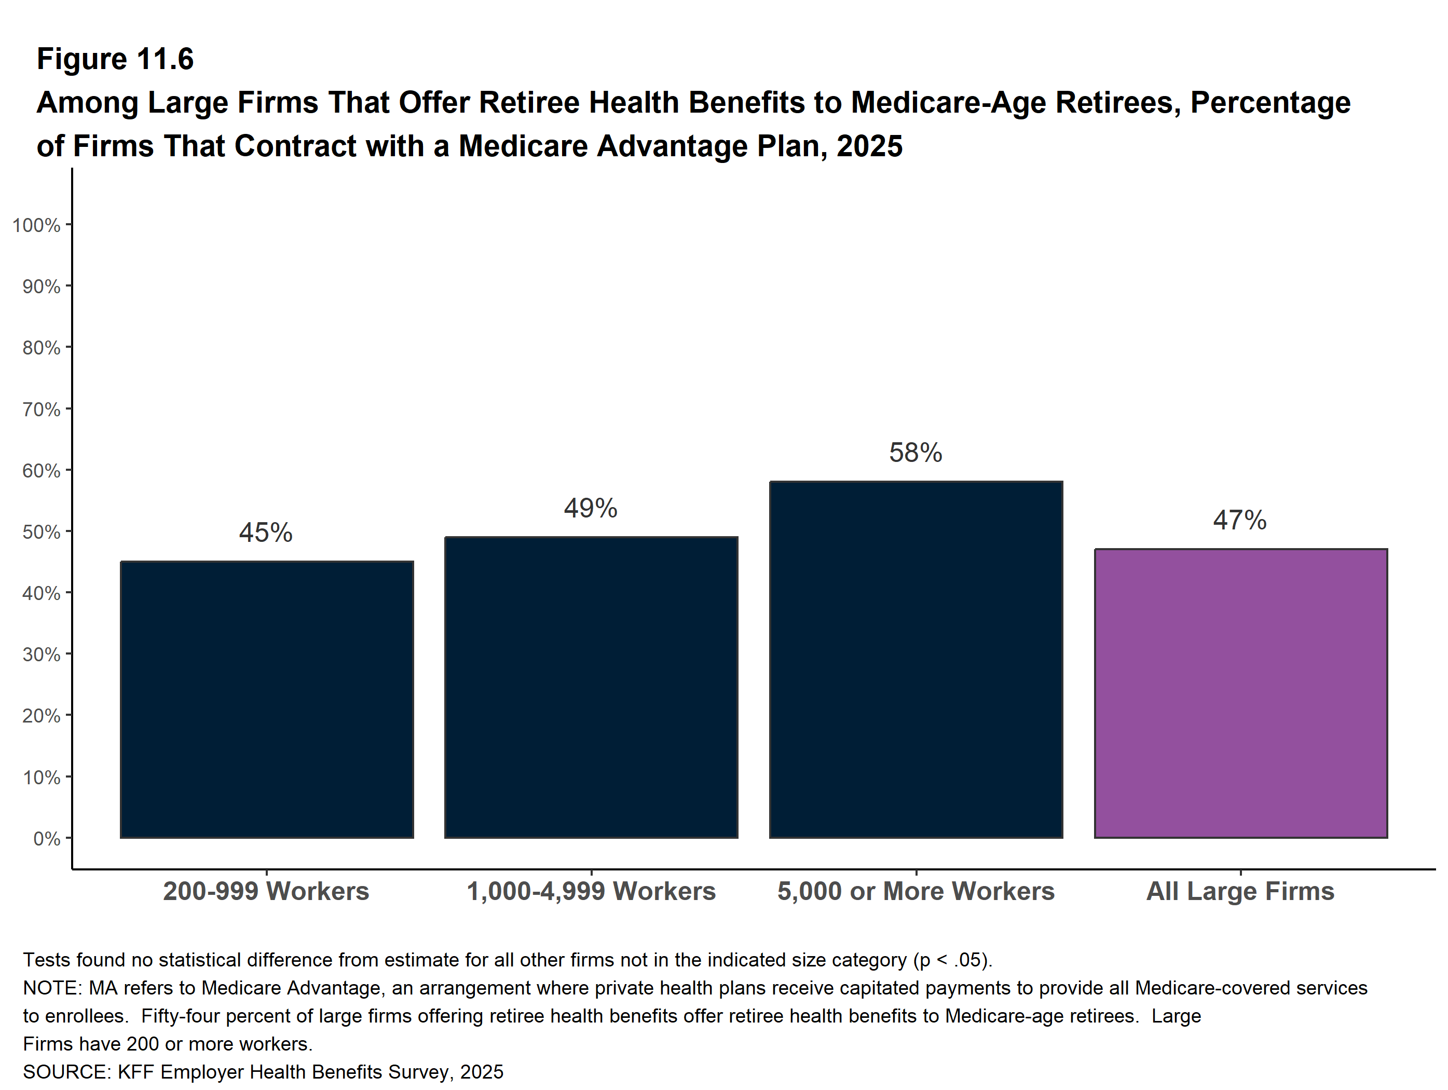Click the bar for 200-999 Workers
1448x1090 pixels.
tap(266, 699)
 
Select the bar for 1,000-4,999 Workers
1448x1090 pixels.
tap(591, 687)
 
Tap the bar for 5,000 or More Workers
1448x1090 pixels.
tap(916, 659)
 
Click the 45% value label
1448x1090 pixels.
tap(265, 532)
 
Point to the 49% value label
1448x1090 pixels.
tap(591, 508)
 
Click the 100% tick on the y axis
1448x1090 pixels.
tap(36, 225)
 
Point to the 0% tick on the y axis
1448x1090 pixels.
tap(47, 839)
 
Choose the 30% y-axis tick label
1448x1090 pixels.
tap(41, 655)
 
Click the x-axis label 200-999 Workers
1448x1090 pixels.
tap(266, 891)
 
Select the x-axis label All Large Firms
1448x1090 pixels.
tap(1240, 891)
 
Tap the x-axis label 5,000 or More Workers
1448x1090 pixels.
tap(916, 891)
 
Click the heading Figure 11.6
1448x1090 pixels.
tap(115, 59)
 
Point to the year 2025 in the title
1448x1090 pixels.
tap(869, 146)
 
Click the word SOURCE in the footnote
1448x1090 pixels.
tap(66, 1072)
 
